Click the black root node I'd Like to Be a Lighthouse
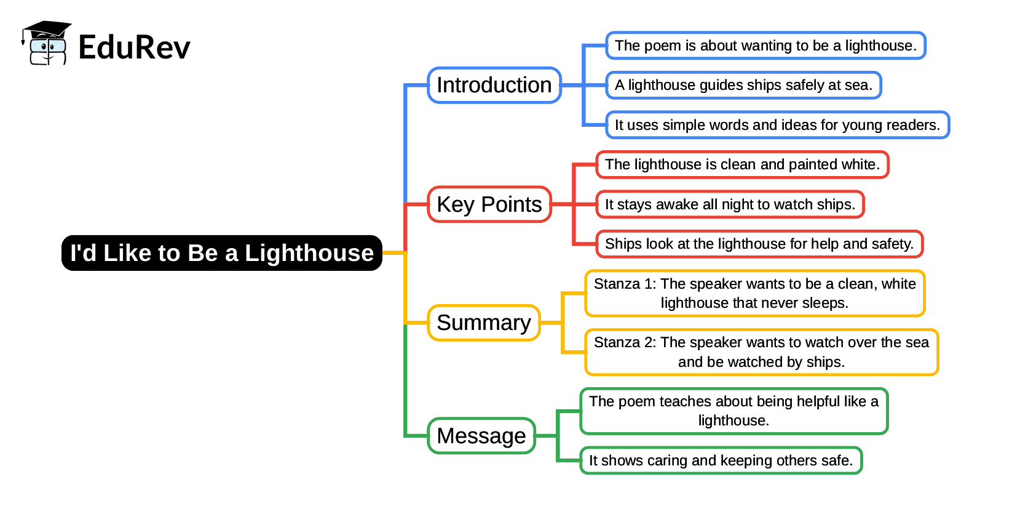click(222, 253)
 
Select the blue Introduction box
click(494, 85)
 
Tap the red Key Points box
click(489, 204)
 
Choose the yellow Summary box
click(484, 323)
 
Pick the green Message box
click(481, 436)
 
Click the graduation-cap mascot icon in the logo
click(47, 43)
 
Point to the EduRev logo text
click(134, 47)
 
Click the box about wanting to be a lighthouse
click(765, 46)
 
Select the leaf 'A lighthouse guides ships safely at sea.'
click(743, 85)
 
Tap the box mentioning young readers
click(777, 125)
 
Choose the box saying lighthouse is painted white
click(742, 164)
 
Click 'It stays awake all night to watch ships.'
click(730, 204)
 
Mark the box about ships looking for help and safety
click(759, 244)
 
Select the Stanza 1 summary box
click(754, 293)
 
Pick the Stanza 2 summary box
click(761, 352)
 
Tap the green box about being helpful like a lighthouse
click(733, 411)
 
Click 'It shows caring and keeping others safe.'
click(721, 460)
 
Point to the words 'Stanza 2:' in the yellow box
click(625, 342)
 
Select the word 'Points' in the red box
click(511, 204)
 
